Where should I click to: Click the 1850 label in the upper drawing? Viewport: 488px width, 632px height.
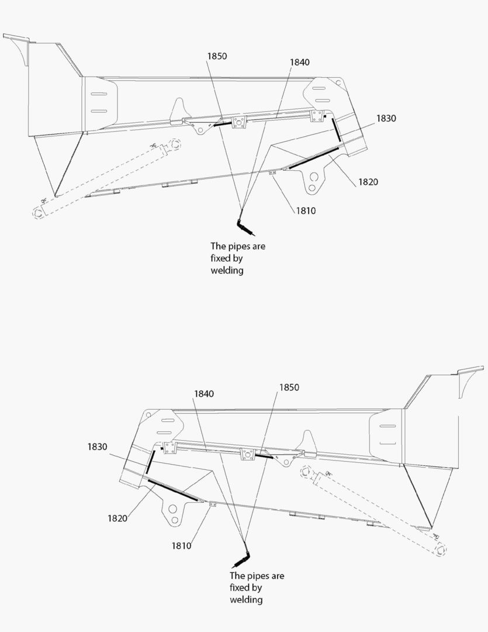tap(217, 56)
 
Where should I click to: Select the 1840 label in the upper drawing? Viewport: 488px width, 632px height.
tap(300, 62)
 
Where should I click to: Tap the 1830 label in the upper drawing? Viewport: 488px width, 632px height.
tap(386, 118)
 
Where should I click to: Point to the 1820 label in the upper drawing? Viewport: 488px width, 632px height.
tap(368, 182)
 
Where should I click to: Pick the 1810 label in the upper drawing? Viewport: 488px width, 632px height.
tap(306, 211)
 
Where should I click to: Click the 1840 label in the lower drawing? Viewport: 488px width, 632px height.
tap(204, 393)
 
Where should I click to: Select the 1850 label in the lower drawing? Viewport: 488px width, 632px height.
tap(289, 387)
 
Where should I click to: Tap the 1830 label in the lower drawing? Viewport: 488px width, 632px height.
tap(98, 446)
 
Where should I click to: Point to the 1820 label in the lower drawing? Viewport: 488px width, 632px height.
tap(117, 518)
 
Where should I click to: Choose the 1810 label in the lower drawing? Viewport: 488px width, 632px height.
tap(182, 546)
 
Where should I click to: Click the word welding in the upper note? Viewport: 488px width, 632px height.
tap(227, 270)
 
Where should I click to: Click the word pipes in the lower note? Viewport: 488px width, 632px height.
tap(257, 576)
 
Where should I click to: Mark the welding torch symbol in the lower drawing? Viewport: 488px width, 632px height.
tap(243, 558)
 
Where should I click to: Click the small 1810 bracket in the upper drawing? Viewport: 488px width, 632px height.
tap(272, 173)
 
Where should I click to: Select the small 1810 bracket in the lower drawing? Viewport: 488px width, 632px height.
tap(213, 504)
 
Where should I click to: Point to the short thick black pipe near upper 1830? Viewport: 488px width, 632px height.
tap(336, 130)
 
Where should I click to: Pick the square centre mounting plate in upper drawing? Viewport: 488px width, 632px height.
tap(239, 122)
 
